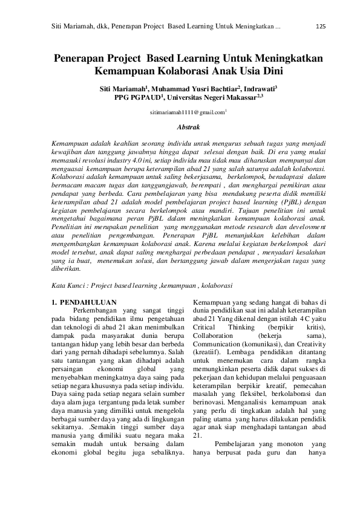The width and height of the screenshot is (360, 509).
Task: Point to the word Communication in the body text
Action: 221,343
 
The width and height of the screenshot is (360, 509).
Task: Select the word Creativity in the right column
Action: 309,343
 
